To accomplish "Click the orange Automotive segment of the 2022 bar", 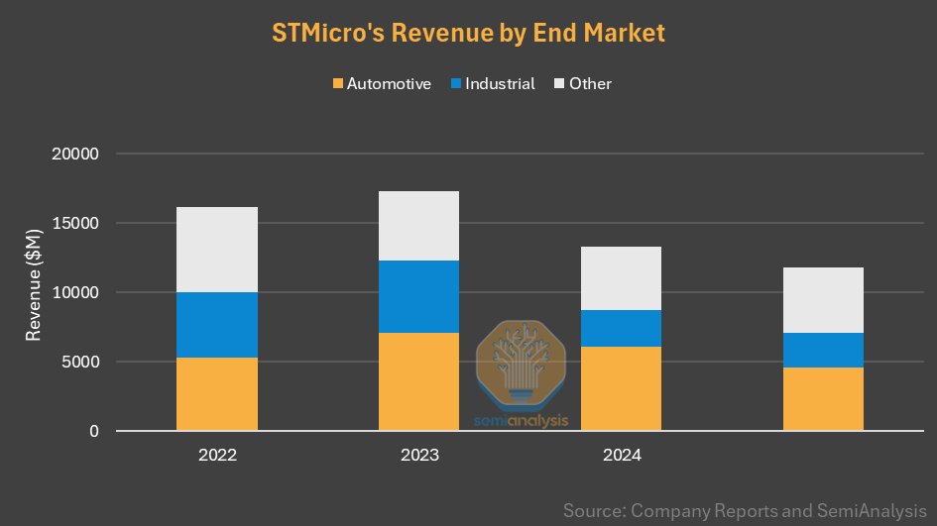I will [217, 394].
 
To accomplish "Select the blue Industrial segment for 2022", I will [217, 325].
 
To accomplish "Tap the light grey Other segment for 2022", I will [217, 250].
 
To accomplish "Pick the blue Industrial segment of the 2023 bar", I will [418, 296].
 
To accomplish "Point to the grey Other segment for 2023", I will [418, 226].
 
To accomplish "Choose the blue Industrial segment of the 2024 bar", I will [621, 328].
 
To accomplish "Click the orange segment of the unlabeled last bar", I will [823, 399].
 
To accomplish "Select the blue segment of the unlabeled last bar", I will [823, 350].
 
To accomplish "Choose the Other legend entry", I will [589, 84].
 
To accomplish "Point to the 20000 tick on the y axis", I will [77, 155].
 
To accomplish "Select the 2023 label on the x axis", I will [418, 457].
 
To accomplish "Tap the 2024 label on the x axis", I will [621, 457].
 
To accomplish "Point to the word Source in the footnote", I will [592, 511].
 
